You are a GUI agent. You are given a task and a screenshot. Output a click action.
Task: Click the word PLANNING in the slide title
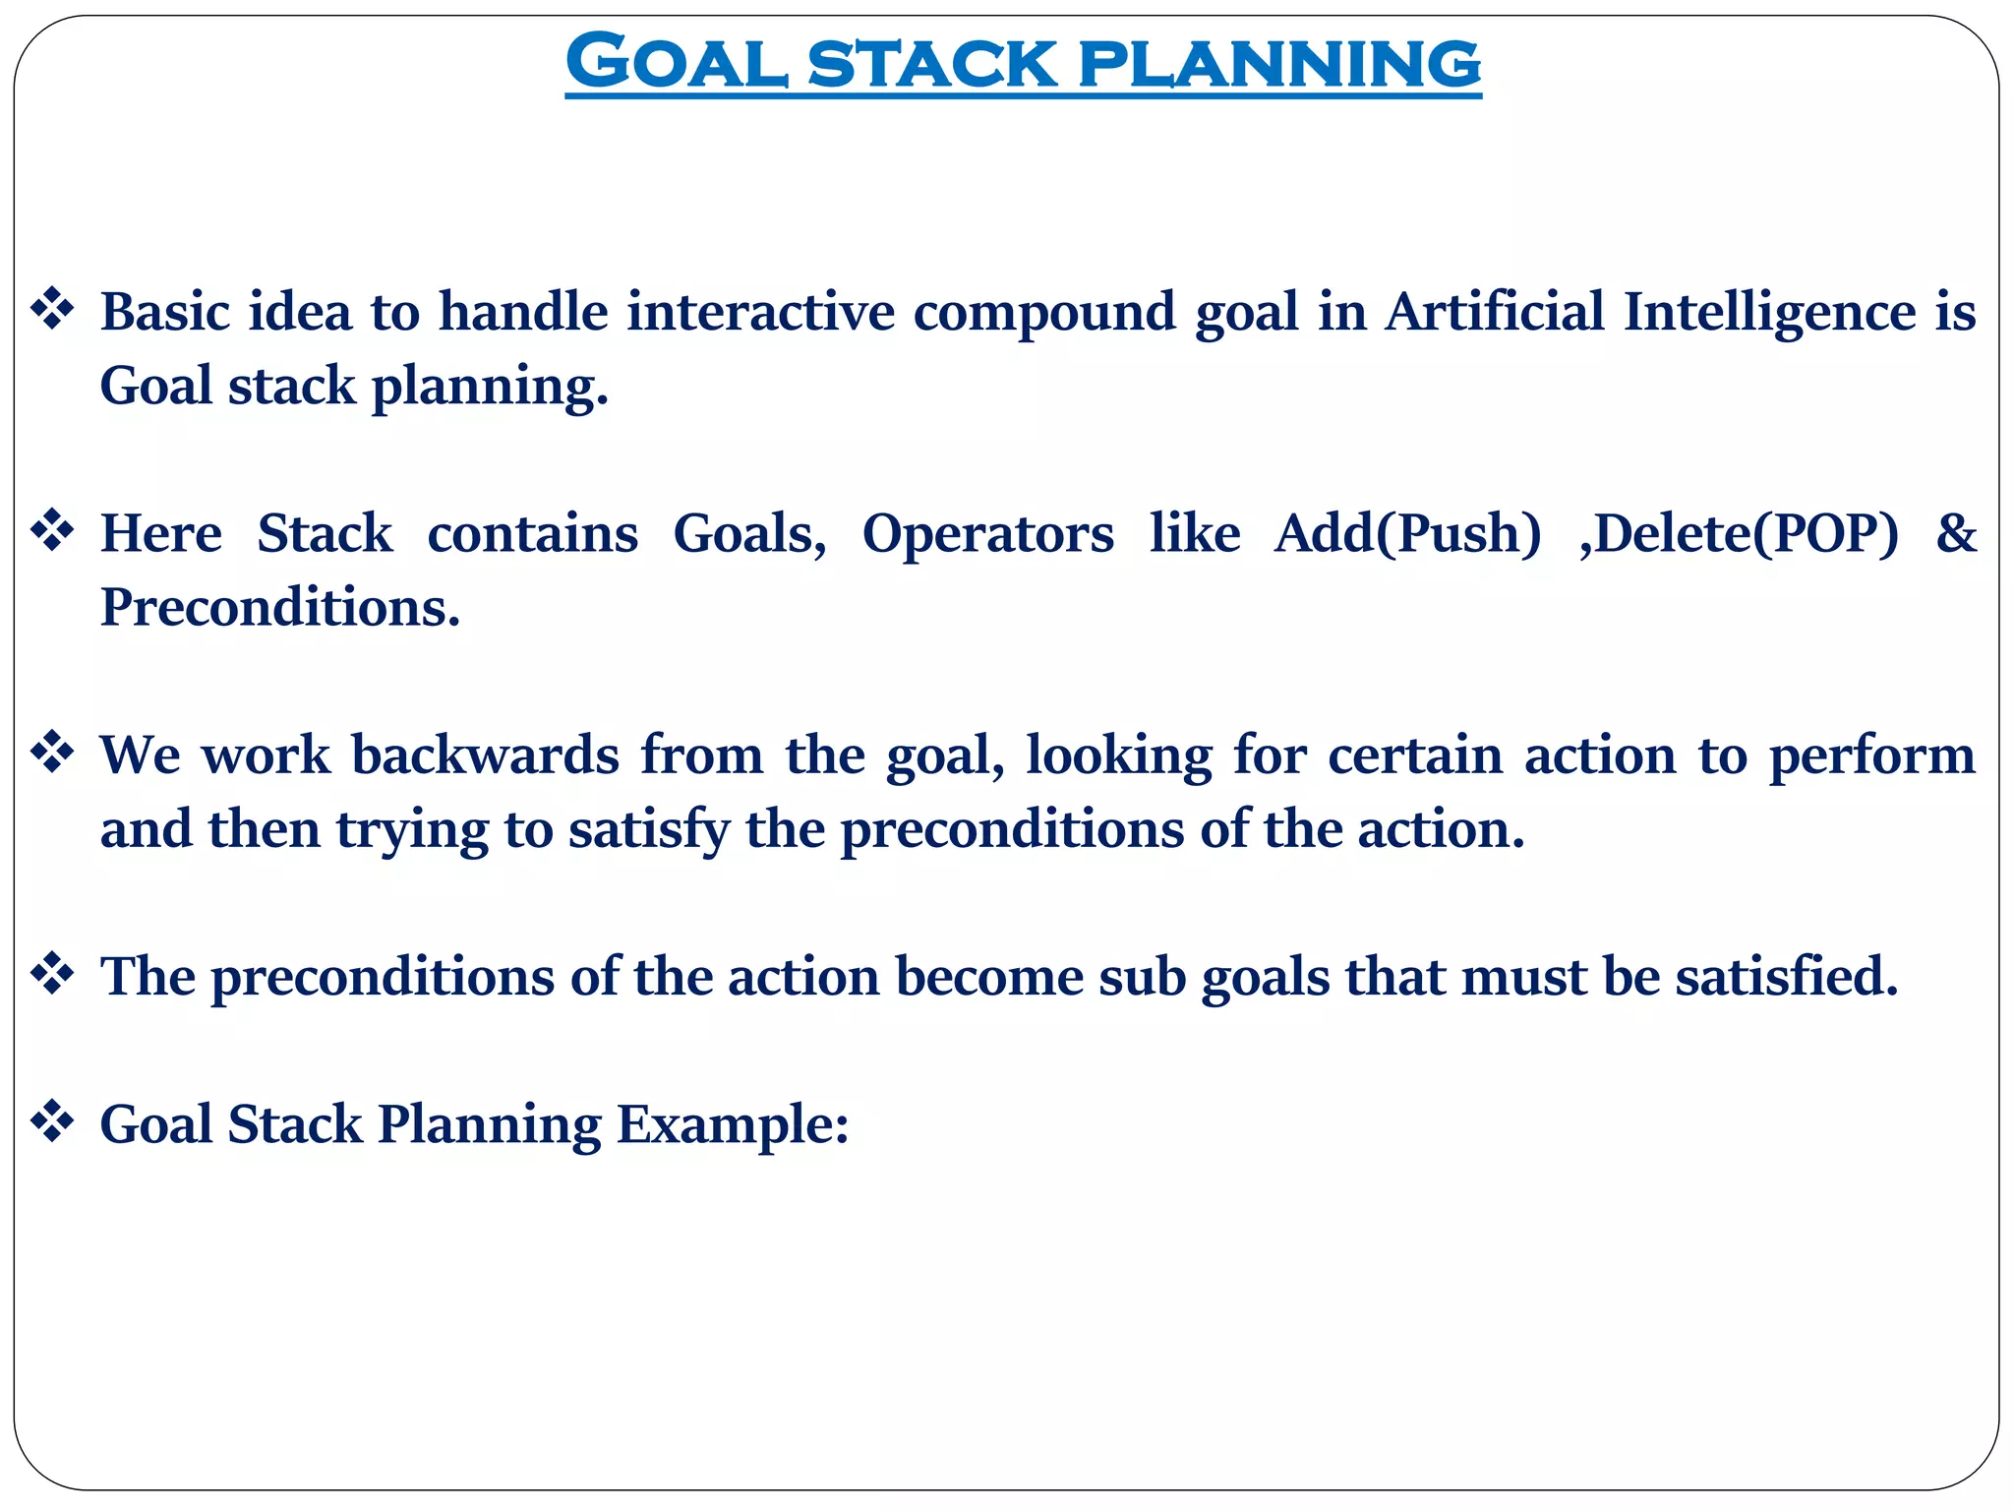[x=1278, y=62]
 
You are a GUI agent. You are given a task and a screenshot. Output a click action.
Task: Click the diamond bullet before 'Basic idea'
[x=52, y=311]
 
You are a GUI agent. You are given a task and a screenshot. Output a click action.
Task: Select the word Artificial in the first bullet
[x=1494, y=312]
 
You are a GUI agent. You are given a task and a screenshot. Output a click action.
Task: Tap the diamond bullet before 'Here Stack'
[x=52, y=533]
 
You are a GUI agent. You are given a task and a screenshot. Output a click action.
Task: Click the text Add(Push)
[x=1407, y=535]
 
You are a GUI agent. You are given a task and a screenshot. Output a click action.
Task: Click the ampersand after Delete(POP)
[x=1955, y=533]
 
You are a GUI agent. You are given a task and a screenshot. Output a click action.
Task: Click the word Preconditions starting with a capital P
[x=280, y=607]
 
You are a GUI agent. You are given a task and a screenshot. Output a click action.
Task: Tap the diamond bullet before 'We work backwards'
[x=52, y=755]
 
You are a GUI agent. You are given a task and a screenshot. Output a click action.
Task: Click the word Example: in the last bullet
[x=732, y=1125]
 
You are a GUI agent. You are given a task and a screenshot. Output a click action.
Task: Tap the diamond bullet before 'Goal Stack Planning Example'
[x=52, y=1123]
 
